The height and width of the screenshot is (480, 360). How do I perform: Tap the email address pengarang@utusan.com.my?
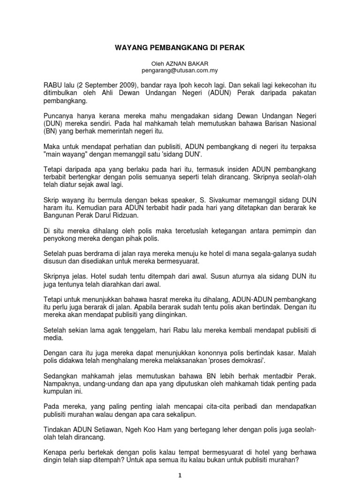click(x=180, y=70)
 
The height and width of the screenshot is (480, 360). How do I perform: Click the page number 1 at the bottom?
click(x=180, y=475)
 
